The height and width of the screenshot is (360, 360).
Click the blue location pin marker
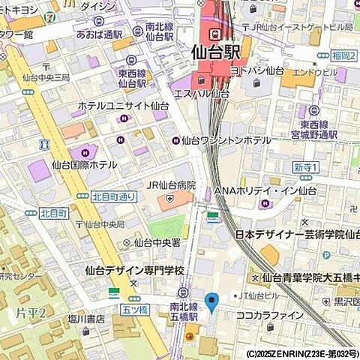(x=211, y=302)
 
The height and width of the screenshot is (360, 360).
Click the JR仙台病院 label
(x=170, y=185)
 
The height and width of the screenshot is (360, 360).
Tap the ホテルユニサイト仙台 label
(x=121, y=106)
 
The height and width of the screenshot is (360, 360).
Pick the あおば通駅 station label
(x=98, y=34)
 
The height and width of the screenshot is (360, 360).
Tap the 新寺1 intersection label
(x=306, y=166)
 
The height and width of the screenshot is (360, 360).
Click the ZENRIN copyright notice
(x=302, y=352)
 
